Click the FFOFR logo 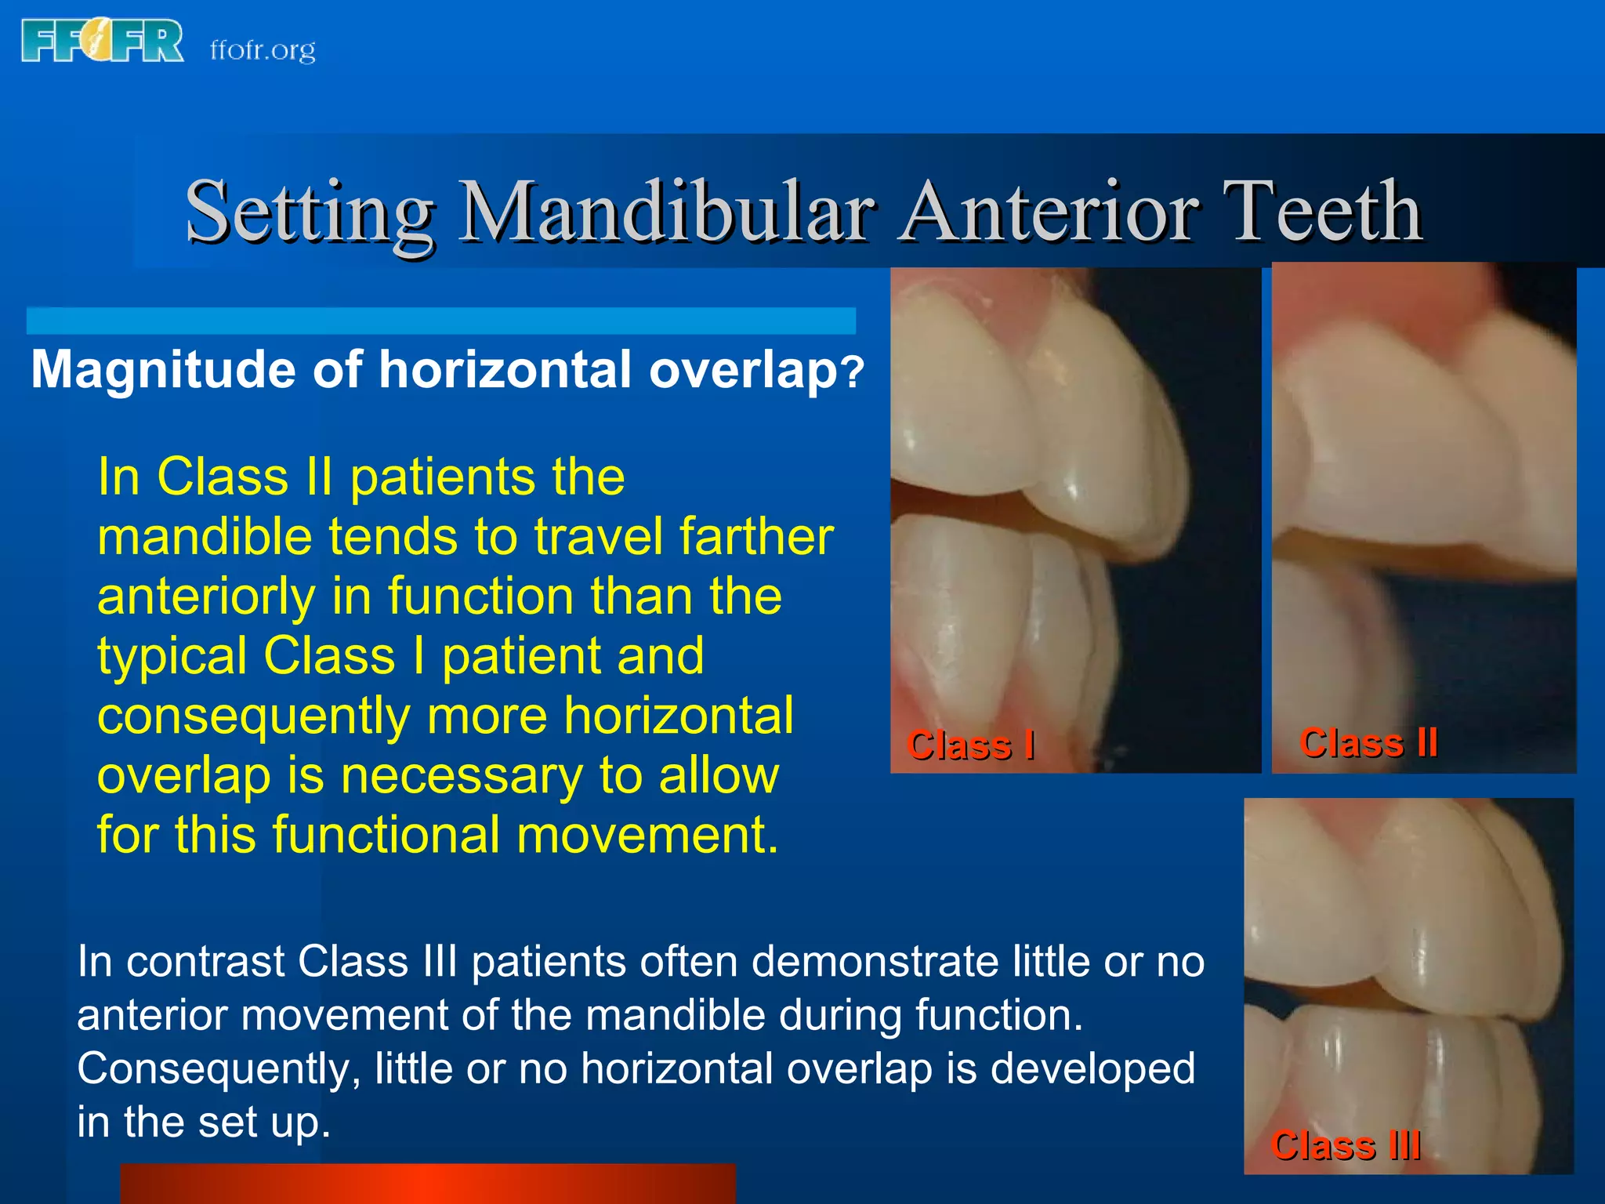102,41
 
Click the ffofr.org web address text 263,49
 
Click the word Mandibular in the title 666,212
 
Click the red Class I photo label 970,745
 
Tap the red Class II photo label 1368,742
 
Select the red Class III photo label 1346,1146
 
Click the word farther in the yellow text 756,537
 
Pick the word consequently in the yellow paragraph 253,716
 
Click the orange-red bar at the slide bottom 428,1184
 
